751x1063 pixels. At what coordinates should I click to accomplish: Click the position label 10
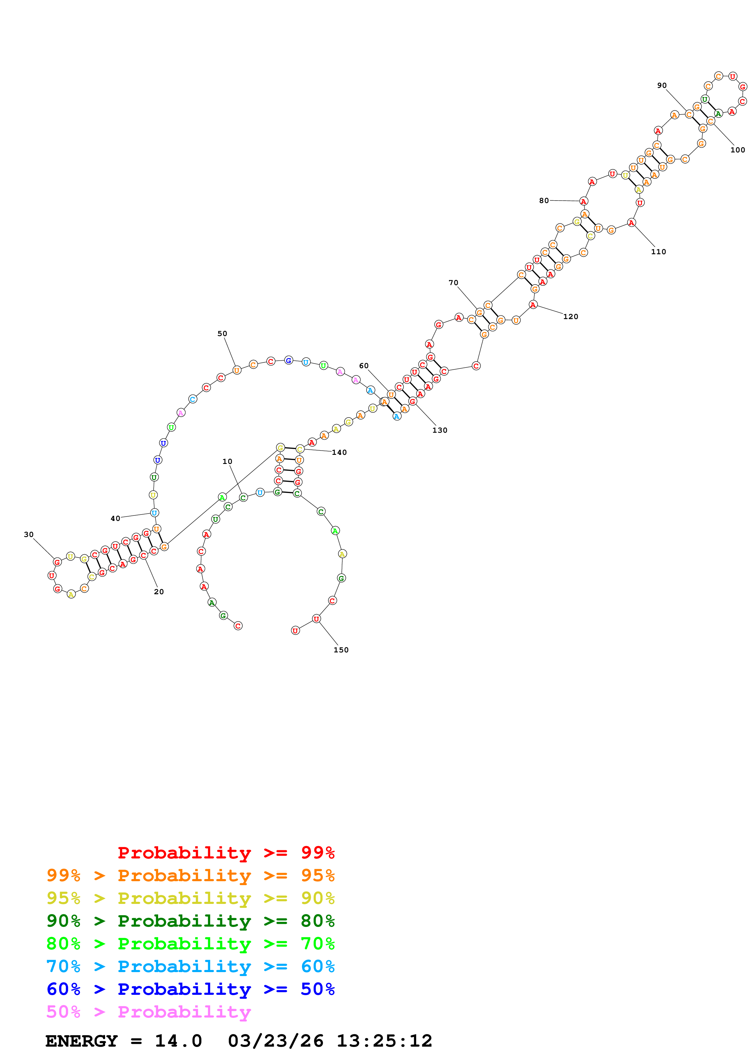[227, 462]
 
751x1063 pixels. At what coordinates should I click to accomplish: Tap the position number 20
[159, 592]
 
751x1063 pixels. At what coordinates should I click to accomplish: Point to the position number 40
[115, 518]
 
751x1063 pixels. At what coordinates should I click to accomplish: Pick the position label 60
[364, 366]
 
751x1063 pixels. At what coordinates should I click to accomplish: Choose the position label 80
[544, 201]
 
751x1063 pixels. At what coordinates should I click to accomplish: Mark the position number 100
[738, 150]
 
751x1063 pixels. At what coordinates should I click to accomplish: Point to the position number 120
[570, 317]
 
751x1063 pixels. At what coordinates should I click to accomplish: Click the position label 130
[440, 430]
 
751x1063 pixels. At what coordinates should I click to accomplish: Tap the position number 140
[339, 452]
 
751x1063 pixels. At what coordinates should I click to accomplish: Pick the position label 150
[341, 650]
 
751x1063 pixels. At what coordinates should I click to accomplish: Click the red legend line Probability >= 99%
[226, 852]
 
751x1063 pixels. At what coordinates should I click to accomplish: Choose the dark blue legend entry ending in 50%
[190, 989]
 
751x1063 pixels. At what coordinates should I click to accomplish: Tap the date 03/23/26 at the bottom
[275, 1041]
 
